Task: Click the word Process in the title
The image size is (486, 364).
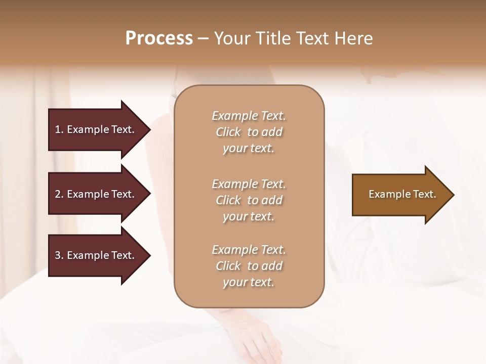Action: coord(159,38)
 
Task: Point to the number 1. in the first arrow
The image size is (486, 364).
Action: coord(59,129)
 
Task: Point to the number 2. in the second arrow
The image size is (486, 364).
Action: coord(59,194)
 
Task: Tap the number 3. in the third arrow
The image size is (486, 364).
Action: coord(59,255)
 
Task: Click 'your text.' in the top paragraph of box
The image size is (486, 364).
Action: coord(249,149)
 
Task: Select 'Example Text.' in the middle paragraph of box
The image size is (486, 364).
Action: coord(249,184)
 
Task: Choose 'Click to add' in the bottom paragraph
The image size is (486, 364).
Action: coord(249,266)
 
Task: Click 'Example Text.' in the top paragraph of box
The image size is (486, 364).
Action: coord(249,116)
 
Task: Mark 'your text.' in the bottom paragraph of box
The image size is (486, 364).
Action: coord(249,283)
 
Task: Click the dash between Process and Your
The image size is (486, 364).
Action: coord(204,39)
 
